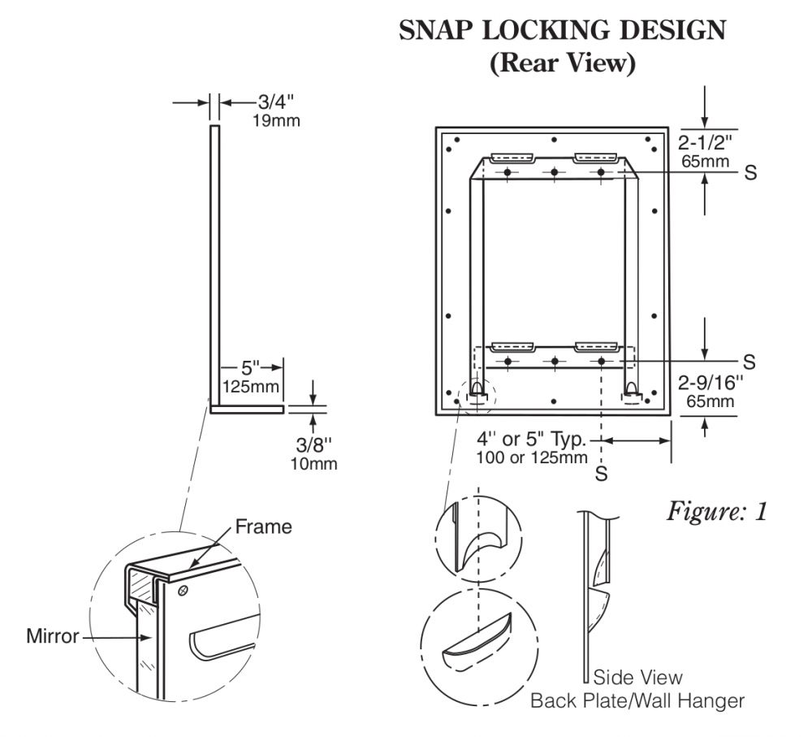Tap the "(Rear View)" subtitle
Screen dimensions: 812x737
563,63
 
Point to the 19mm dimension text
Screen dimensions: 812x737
276,121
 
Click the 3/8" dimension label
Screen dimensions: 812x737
313,444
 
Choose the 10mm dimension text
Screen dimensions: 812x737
313,463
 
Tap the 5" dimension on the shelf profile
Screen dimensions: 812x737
250,367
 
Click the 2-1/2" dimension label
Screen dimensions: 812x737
706,142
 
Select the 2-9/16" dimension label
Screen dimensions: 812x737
710,383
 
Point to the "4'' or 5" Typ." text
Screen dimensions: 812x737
531,439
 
